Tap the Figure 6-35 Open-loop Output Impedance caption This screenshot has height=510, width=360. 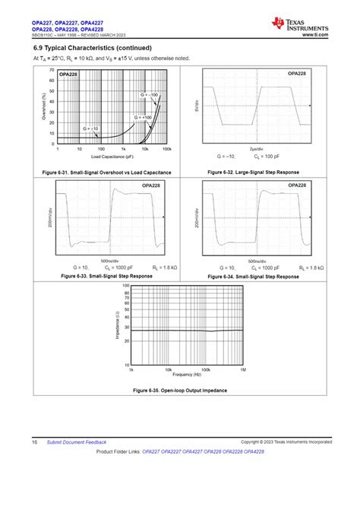click(x=179, y=390)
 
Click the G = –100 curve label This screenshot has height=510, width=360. click(x=148, y=94)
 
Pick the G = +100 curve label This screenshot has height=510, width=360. click(x=143, y=118)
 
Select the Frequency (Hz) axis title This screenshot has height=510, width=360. click(x=188, y=375)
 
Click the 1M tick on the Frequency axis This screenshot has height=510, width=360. click(x=243, y=369)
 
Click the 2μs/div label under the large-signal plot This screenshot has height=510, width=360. click(x=257, y=149)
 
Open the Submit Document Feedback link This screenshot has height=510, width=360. click(x=77, y=442)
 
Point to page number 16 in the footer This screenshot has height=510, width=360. click(x=35, y=442)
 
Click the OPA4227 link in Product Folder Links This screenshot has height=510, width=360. click(x=188, y=451)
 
